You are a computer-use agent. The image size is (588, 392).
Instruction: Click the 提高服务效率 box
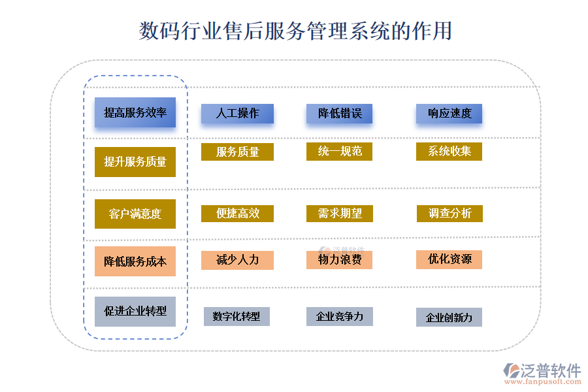click(135, 112)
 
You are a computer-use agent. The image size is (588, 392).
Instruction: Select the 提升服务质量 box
click(135, 161)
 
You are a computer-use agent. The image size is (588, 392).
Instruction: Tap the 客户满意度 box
click(135, 214)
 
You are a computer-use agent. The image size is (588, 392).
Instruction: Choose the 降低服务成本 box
click(135, 261)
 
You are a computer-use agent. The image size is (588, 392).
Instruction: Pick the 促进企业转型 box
click(135, 311)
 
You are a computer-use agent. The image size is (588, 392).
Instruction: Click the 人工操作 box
click(237, 114)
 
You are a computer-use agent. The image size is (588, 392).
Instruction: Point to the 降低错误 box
click(340, 114)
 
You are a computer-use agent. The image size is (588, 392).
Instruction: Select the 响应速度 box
click(449, 114)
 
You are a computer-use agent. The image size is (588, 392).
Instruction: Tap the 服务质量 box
click(237, 152)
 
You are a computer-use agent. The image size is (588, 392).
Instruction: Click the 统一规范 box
click(340, 152)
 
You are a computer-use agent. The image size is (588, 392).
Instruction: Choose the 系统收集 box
click(449, 152)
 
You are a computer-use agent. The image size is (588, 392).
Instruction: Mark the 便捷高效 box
click(237, 214)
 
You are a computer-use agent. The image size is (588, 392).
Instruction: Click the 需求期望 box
click(340, 214)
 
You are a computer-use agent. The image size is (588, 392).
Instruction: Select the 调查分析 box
click(449, 214)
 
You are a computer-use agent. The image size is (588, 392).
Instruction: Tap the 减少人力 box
click(237, 260)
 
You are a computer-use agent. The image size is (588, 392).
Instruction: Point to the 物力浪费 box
click(340, 260)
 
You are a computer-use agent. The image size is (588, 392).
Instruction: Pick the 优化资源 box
click(449, 259)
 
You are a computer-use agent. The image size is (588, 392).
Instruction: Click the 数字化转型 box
click(237, 317)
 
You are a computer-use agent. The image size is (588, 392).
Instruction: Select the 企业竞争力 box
click(340, 317)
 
